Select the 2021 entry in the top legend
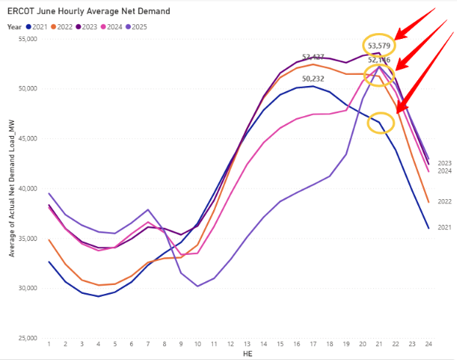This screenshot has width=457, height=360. click(42, 26)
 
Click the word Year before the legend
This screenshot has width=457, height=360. click(14, 26)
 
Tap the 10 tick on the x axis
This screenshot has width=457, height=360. click(198, 344)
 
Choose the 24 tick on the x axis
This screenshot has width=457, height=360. click(428, 344)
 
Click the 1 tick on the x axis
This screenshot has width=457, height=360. click(49, 344)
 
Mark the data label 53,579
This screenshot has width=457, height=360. click(379, 46)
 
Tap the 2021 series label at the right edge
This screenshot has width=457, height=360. click(445, 228)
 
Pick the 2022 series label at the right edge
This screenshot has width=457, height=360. click(445, 201)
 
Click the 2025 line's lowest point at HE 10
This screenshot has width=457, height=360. click(198, 286)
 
